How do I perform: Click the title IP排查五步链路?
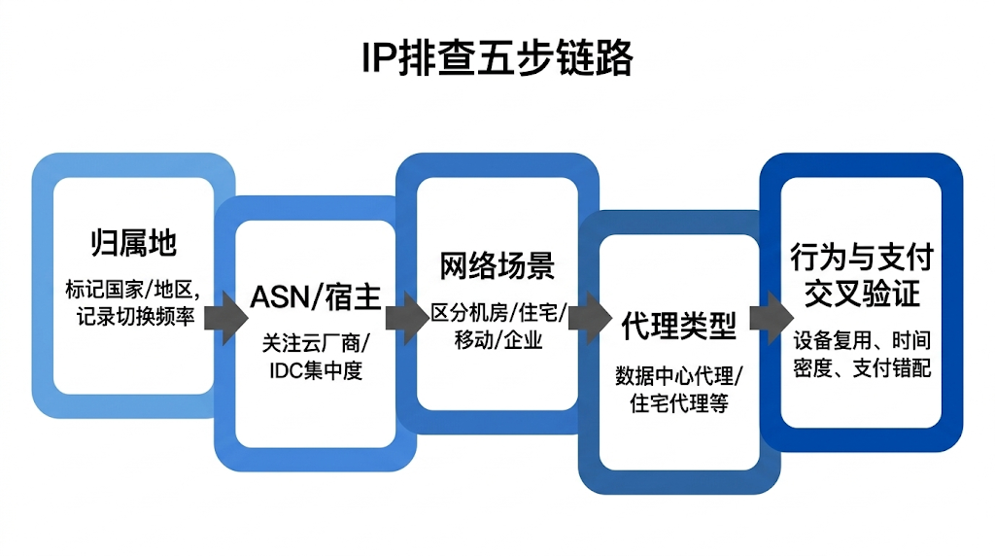(497, 58)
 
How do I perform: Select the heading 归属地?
(134, 243)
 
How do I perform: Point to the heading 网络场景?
(497, 265)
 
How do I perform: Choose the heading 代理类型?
(678, 326)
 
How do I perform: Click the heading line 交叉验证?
(861, 294)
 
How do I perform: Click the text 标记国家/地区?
(133, 290)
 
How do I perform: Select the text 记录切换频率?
(133, 317)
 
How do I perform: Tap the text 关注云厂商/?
(315, 343)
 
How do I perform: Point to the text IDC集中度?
(315, 370)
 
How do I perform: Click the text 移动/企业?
(497, 340)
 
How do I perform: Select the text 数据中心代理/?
(679, 375)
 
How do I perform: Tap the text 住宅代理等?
(679, 402)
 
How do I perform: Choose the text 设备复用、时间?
(862, 341)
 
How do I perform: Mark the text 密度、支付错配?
(862, 368)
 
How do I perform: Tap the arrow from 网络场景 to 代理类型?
(586, 318)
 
